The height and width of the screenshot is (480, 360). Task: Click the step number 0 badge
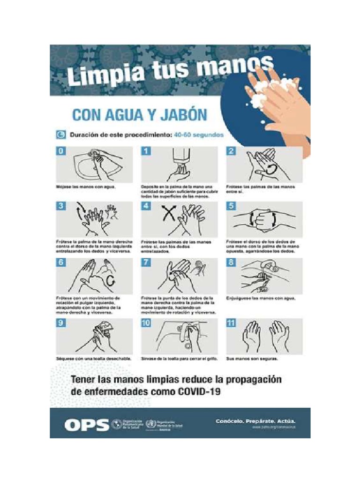61,151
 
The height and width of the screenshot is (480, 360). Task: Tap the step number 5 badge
231,206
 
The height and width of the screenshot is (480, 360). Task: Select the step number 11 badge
231,323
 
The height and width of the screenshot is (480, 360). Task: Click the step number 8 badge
231,263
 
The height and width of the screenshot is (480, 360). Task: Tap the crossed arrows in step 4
169,215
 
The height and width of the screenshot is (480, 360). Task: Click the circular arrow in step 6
111,281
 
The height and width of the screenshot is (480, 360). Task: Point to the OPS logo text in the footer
86,425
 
